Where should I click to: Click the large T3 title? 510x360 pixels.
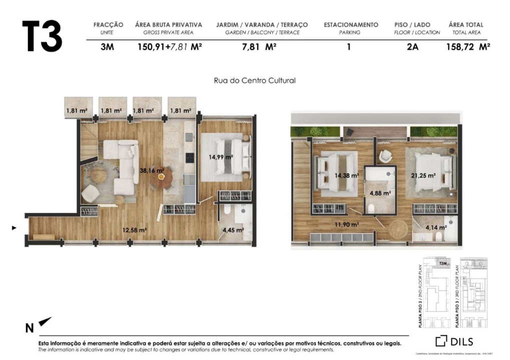(x=42, y=36)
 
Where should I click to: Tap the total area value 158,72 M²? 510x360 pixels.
(x=468, y=47)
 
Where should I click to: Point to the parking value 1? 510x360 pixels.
(x=349, y=47)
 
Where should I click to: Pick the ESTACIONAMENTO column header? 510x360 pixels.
(x=351, y=24)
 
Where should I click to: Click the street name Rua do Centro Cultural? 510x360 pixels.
(x=255, y=80)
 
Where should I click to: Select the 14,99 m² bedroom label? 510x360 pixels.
(x=221, y=156)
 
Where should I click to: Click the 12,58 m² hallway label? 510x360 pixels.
(x=134, y=230)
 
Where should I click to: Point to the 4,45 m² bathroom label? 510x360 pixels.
(x=233, y=230)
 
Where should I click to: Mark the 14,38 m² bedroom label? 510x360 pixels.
(x=347, y=175)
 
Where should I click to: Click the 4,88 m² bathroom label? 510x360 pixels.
(x=380, y=192)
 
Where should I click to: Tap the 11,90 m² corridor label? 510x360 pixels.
(x=347, y=224)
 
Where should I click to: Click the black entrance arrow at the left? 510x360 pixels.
(x=15, y=228)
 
